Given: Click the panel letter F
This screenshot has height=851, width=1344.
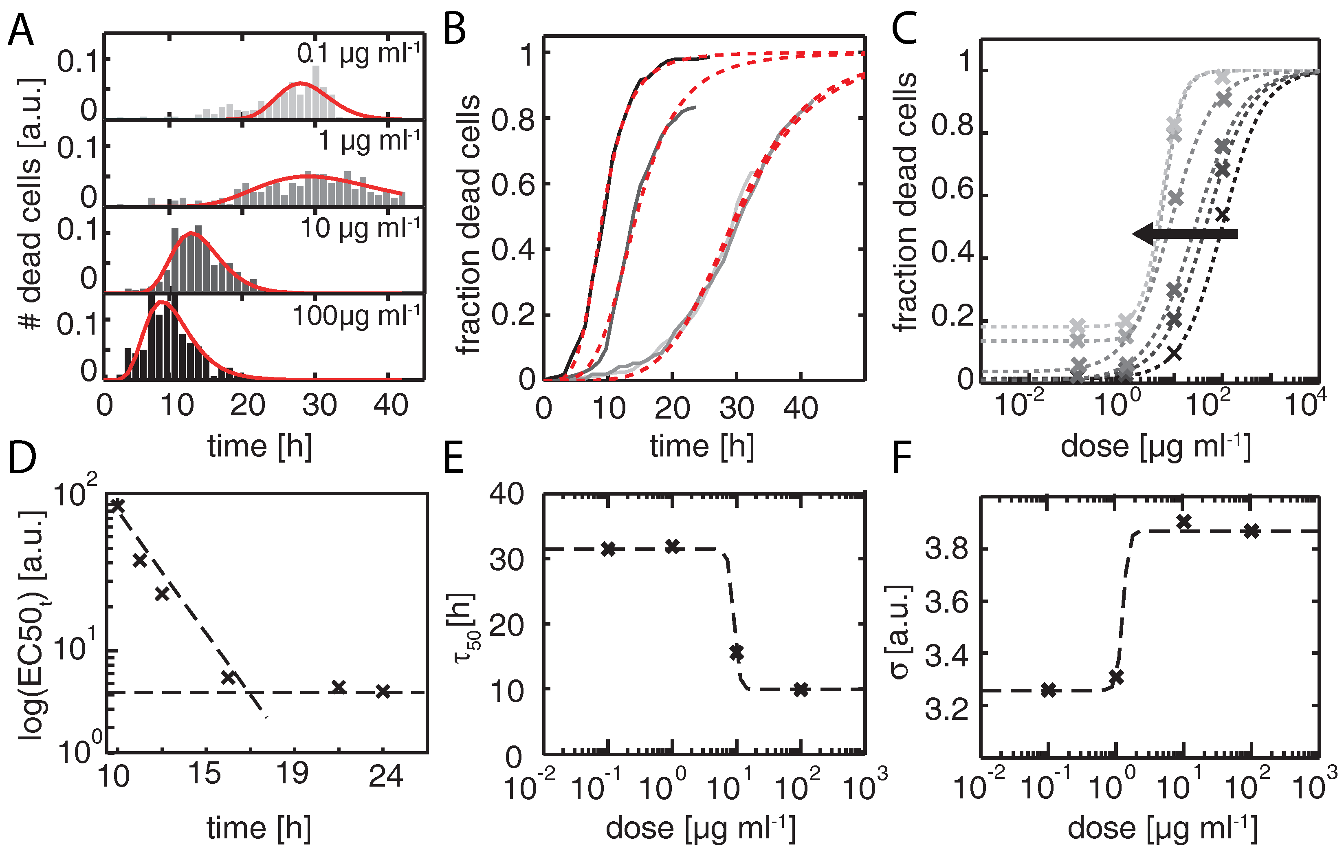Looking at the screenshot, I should point(902,457).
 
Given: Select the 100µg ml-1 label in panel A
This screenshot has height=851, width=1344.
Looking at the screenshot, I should point(356,316).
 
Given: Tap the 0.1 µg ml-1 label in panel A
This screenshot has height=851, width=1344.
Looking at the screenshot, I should point(358,54).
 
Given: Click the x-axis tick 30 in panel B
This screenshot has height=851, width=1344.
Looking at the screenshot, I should point(736,409).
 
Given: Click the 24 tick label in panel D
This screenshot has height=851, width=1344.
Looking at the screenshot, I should point(385,776).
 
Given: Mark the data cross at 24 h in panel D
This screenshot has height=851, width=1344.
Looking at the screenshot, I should point(382,691).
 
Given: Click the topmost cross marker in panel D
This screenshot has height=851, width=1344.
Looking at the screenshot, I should point(118,505).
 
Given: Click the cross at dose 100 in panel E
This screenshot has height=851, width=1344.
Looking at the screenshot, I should point(801,690).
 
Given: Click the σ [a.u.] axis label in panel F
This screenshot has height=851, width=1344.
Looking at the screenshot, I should point(899,631).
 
